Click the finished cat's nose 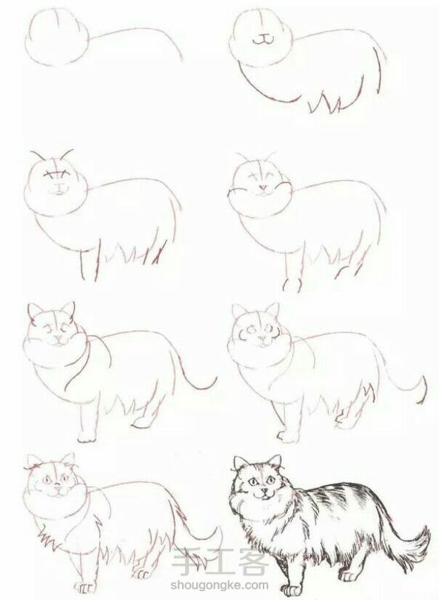pyautogui.click(x=264, y=489)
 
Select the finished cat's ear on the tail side pyautogui.click(x=275, y=461)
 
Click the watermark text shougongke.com pyautogui.click(x=220, y=584)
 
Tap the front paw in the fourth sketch pyautogui.click(x=292, y=284)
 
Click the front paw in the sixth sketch pyautogui.click(x=286, y=436)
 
